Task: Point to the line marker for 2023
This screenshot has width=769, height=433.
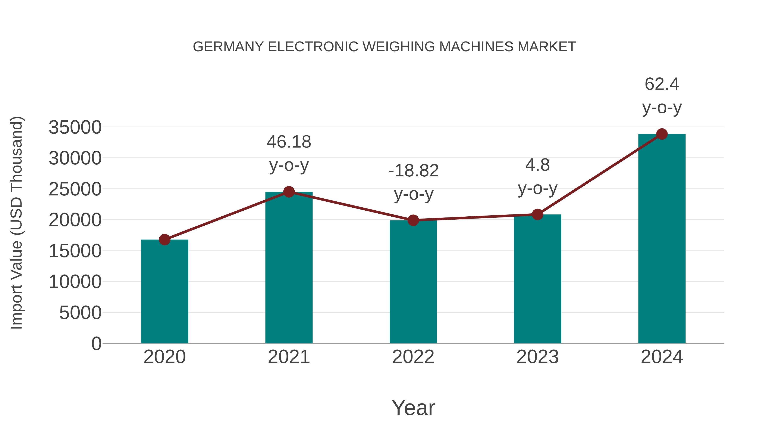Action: coord(537,214)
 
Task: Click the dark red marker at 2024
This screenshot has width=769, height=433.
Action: coord(662,134)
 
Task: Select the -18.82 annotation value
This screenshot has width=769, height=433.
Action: coord(414,171)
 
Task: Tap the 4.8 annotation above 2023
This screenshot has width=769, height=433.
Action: coord(537,165)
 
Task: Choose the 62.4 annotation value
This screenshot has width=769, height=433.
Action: coord(662,84)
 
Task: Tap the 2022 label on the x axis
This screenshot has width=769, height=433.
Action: coord(413,357)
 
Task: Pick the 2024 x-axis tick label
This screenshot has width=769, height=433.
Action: coord(662,357)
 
